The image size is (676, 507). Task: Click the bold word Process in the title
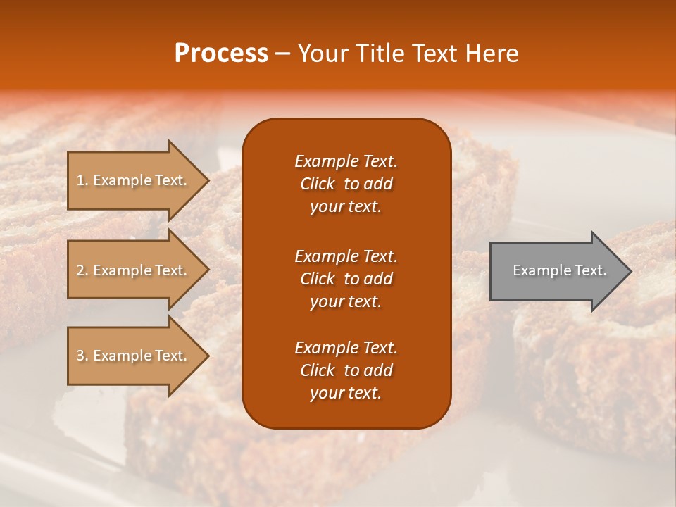pos(221,54)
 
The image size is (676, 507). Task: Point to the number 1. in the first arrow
pos(82,180)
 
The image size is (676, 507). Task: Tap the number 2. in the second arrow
pos(82,270)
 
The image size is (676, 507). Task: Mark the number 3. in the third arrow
pos(82,356)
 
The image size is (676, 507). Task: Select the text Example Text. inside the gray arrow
pos(560,270)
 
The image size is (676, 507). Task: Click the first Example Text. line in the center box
pos(346,161)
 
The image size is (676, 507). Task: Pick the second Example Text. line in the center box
pos(346,256)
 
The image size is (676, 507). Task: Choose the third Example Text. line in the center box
pos(346,348)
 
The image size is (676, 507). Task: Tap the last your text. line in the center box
pos(346,394)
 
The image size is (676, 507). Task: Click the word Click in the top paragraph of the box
pos(317,184)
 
